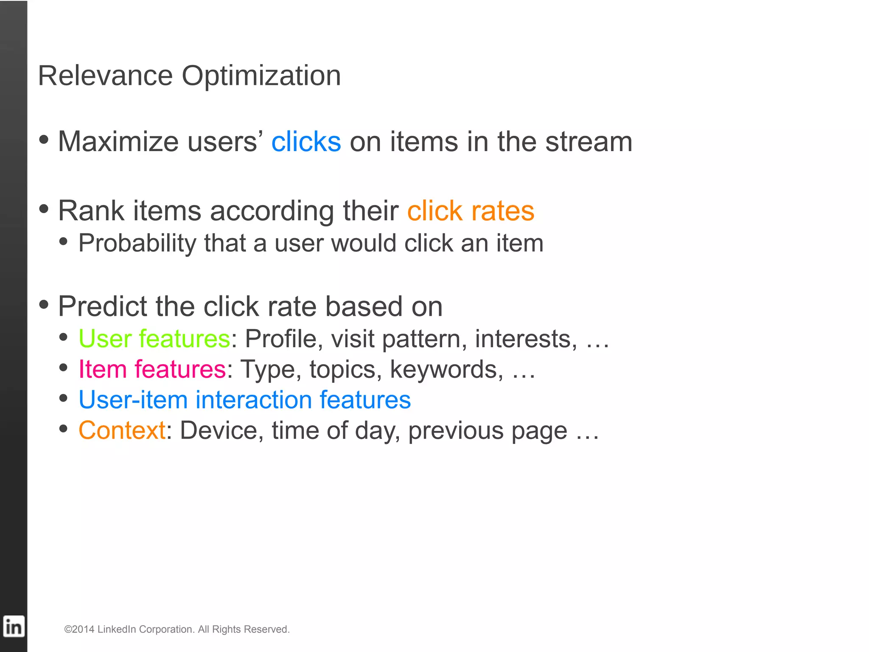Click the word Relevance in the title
coord(105,76)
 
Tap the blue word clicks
coord(306,142)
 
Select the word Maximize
coord(118,142)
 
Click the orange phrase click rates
coord(471,211)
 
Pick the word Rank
coord(91,211)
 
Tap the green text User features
coord(154,339)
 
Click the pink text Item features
coord(152,369)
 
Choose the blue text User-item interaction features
coord(244,400)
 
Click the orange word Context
coord(122,430)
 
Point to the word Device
coord(219,430)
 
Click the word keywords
coord(443,369)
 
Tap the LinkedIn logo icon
coord(14,627)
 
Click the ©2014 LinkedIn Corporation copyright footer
coord(177,629)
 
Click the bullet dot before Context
coord(64,429)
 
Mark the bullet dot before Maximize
coord(44,140)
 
